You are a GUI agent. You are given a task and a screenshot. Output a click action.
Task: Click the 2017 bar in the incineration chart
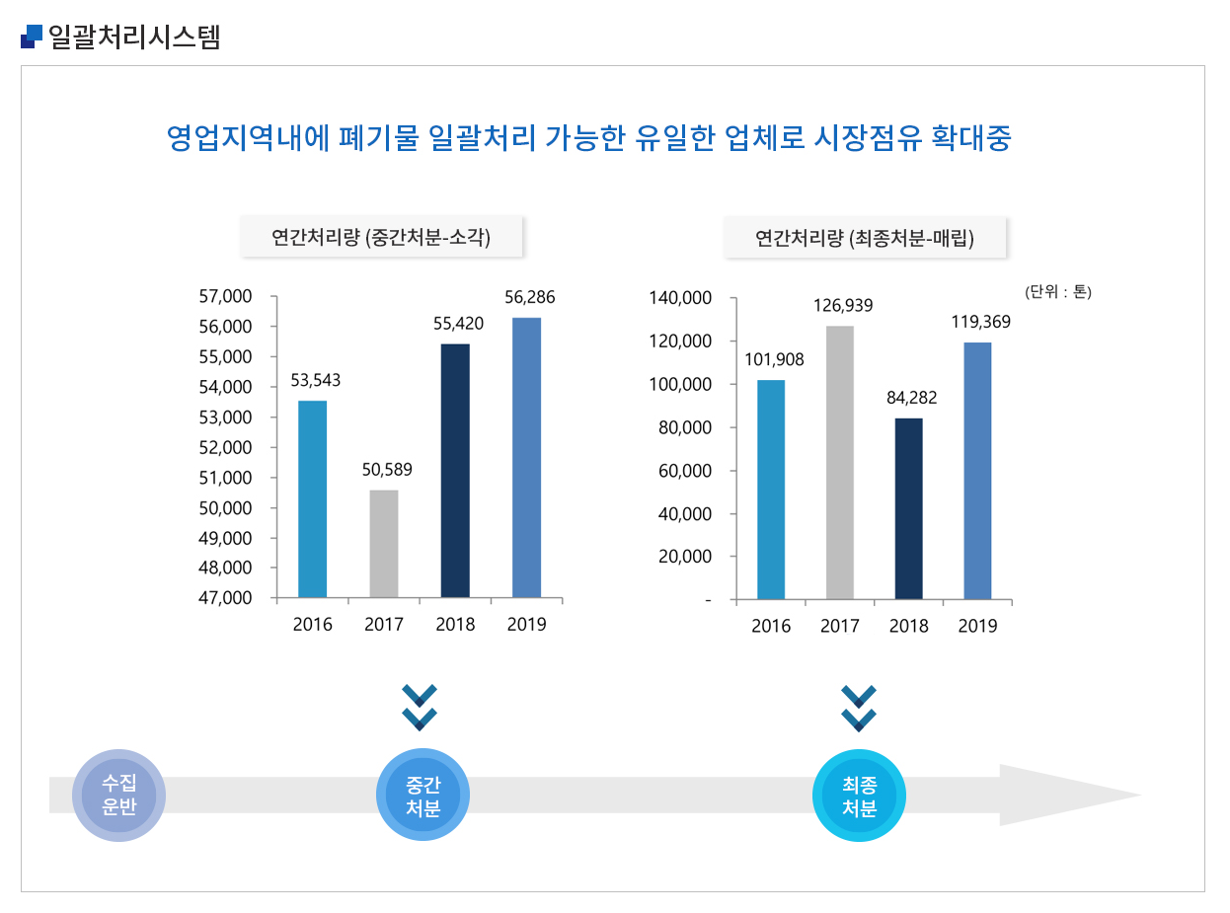(x=384, y=544)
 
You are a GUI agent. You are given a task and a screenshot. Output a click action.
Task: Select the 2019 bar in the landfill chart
(x=977, y=471)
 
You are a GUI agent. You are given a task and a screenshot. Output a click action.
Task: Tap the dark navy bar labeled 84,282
(x=908, y=508)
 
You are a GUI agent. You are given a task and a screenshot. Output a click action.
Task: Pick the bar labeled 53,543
(x=312, y=498)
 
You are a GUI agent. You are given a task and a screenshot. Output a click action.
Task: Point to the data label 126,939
(x=843, y=305)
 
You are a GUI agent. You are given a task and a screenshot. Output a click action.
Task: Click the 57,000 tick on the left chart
(x=225, y=296)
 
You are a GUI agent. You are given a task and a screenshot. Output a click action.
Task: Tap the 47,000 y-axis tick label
(x=225, y=598)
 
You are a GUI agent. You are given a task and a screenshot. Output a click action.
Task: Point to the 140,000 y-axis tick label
(x=679, y=297)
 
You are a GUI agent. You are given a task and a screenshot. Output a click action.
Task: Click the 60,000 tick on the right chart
(x=685, y=471)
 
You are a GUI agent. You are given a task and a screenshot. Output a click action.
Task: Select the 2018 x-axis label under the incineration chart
(x=455, y=625)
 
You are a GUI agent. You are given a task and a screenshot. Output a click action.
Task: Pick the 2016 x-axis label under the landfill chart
(x=771, y=627)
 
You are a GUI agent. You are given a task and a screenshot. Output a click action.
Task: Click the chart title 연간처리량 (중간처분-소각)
(x=381, y=238)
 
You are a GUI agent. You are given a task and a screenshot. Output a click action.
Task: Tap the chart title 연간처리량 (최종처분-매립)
(x=865, y=238)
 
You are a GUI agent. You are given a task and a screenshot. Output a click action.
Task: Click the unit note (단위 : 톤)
(x=1058, y=291)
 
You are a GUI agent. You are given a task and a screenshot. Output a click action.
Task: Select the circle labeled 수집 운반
(x=118, y=796)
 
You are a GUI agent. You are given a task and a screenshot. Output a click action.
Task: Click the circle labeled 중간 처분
(x=423, y=796)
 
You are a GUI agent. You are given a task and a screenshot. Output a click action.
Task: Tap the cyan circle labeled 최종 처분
(x=859, y=796)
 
